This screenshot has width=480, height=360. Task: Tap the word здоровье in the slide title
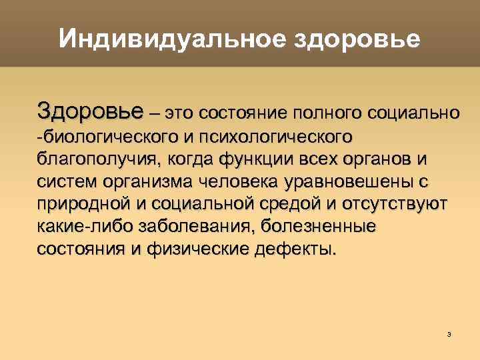point(357,39)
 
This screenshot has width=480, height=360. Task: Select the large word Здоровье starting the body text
point(90,110)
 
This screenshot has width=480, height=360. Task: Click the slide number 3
point(449,333)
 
